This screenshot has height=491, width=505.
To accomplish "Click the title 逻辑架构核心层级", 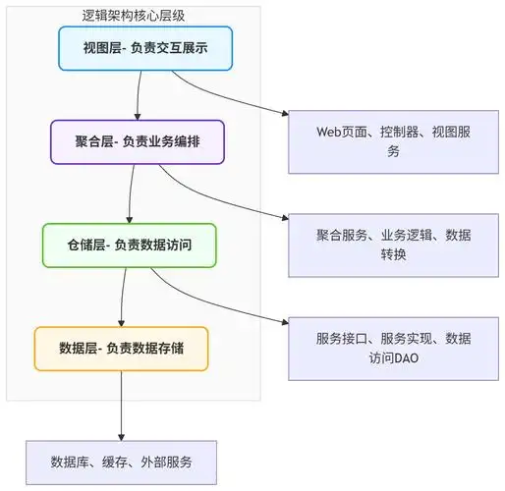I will point(139,17).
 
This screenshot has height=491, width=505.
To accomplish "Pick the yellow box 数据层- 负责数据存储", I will point(122,348).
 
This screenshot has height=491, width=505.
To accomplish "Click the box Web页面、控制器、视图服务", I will point(392,141).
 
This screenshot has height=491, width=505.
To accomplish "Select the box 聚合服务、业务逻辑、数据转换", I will point(392,245).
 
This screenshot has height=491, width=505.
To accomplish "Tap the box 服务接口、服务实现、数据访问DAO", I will point(392,349).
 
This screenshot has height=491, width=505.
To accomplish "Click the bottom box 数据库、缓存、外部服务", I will point(121,461).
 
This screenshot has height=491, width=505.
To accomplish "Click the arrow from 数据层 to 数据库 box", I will point(121,403).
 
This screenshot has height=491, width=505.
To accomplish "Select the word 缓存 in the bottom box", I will point(121,461).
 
